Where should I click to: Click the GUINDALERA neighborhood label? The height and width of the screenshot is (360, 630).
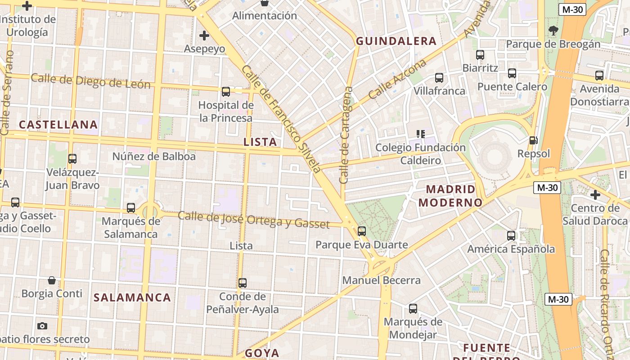[396, 41]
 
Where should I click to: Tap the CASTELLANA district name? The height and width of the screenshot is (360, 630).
[58, 125]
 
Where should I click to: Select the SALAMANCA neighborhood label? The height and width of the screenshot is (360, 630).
[132, 297]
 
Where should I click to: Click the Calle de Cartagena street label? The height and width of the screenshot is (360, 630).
[346, 135]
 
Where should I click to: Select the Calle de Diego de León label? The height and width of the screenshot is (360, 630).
[90, 81]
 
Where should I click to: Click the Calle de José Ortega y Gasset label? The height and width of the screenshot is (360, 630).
[254, 219]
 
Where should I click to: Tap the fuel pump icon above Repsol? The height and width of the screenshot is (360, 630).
[533, 140]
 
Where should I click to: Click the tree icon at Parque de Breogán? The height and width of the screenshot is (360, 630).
[553, 31]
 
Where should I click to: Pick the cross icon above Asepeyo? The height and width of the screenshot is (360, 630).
[204, 35]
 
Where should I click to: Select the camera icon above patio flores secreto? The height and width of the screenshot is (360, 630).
[42, 325]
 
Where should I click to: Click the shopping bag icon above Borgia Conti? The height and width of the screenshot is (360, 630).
[52, 280]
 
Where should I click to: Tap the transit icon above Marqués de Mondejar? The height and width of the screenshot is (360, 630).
[413, 309]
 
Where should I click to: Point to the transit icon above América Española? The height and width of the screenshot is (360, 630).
[511, 235]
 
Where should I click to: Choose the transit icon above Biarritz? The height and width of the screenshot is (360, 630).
[480, 55]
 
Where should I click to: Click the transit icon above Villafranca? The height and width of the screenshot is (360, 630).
[439, 78]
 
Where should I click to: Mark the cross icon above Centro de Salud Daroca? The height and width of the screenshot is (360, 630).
[595, 195]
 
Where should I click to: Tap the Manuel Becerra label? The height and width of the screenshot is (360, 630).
[381, 280]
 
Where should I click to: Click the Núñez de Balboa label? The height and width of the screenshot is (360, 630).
[154, 157]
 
